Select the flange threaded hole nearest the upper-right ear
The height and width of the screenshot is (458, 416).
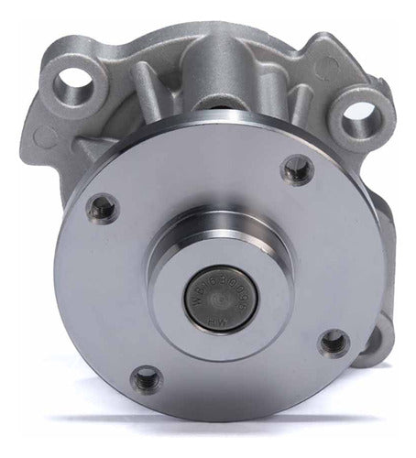pyautogui.click(x=296, y=169)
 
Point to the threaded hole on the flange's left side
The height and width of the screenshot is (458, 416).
pyautogui.click(x=101, y=209)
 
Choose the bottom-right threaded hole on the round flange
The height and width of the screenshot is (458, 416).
pyautogui.click(x=335, y=343)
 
